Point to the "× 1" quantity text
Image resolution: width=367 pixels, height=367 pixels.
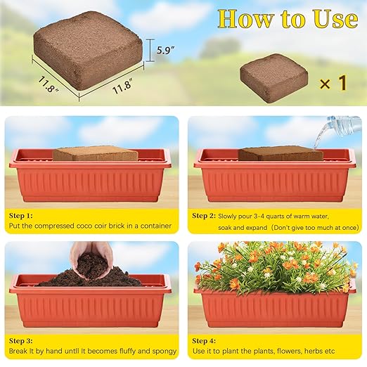point(333,83)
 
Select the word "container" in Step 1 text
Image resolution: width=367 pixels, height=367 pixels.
point(155,226)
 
